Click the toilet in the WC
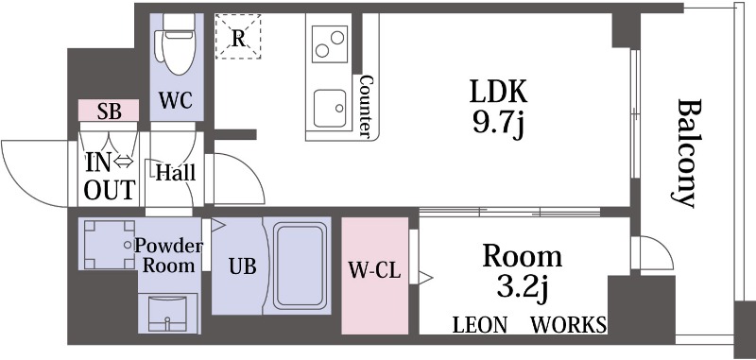pyautogui.click(x=178, y=43)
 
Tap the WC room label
pyautogui.click(x=176, y=101)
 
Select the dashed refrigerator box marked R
pyautogui.click(x=238, y=37)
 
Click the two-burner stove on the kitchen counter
pyautogui.click(x=330, y=43)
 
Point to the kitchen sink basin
pyautogui.click(x=330, y=109)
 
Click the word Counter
pyautogui.click(x=366, y=106)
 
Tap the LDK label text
pyautogui.click(x=499, y=92)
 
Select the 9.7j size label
pyautogui.click(x=498, y=125)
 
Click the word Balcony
pyautogui.click(x=686, y=153)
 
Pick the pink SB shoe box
pyautogui.click(x=109, y=111)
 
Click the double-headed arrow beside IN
pyautogui.click(x=124, y=162)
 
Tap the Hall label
pyautogui.click(x=176, y=173)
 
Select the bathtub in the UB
pyautogui.click(x=300, y=265)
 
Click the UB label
pyautogui.click(x=243, y=266)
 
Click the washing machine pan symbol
pyautogui.click(x=110, y=244)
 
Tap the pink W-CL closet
pyautogui.click(x=374, y=275)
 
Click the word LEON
pyautogui.click(x=480, y=325)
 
